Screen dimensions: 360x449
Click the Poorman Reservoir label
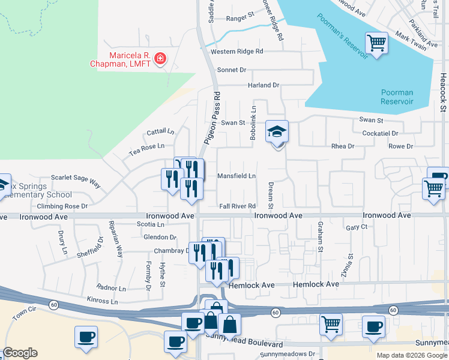[x=397, y=97]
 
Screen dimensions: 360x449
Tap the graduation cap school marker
[x=277, y=132]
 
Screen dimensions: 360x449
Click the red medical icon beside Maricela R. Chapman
[x=160, y=58]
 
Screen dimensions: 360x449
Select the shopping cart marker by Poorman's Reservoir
[x=376, y=43]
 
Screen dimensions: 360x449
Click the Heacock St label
[x=443, y=93]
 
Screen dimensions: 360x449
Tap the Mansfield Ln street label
[x=237, y=176]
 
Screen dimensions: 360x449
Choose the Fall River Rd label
[x=237, y=206]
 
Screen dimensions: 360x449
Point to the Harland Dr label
[x=264, y=85]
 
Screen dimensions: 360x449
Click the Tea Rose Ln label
[x=146, y=150]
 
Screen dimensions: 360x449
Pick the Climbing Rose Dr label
[x=62, y=206]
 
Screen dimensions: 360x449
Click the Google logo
[x=20, y=353]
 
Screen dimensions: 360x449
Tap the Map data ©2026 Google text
[x=412, y=355]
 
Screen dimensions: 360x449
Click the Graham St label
[x=320, y=237]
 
